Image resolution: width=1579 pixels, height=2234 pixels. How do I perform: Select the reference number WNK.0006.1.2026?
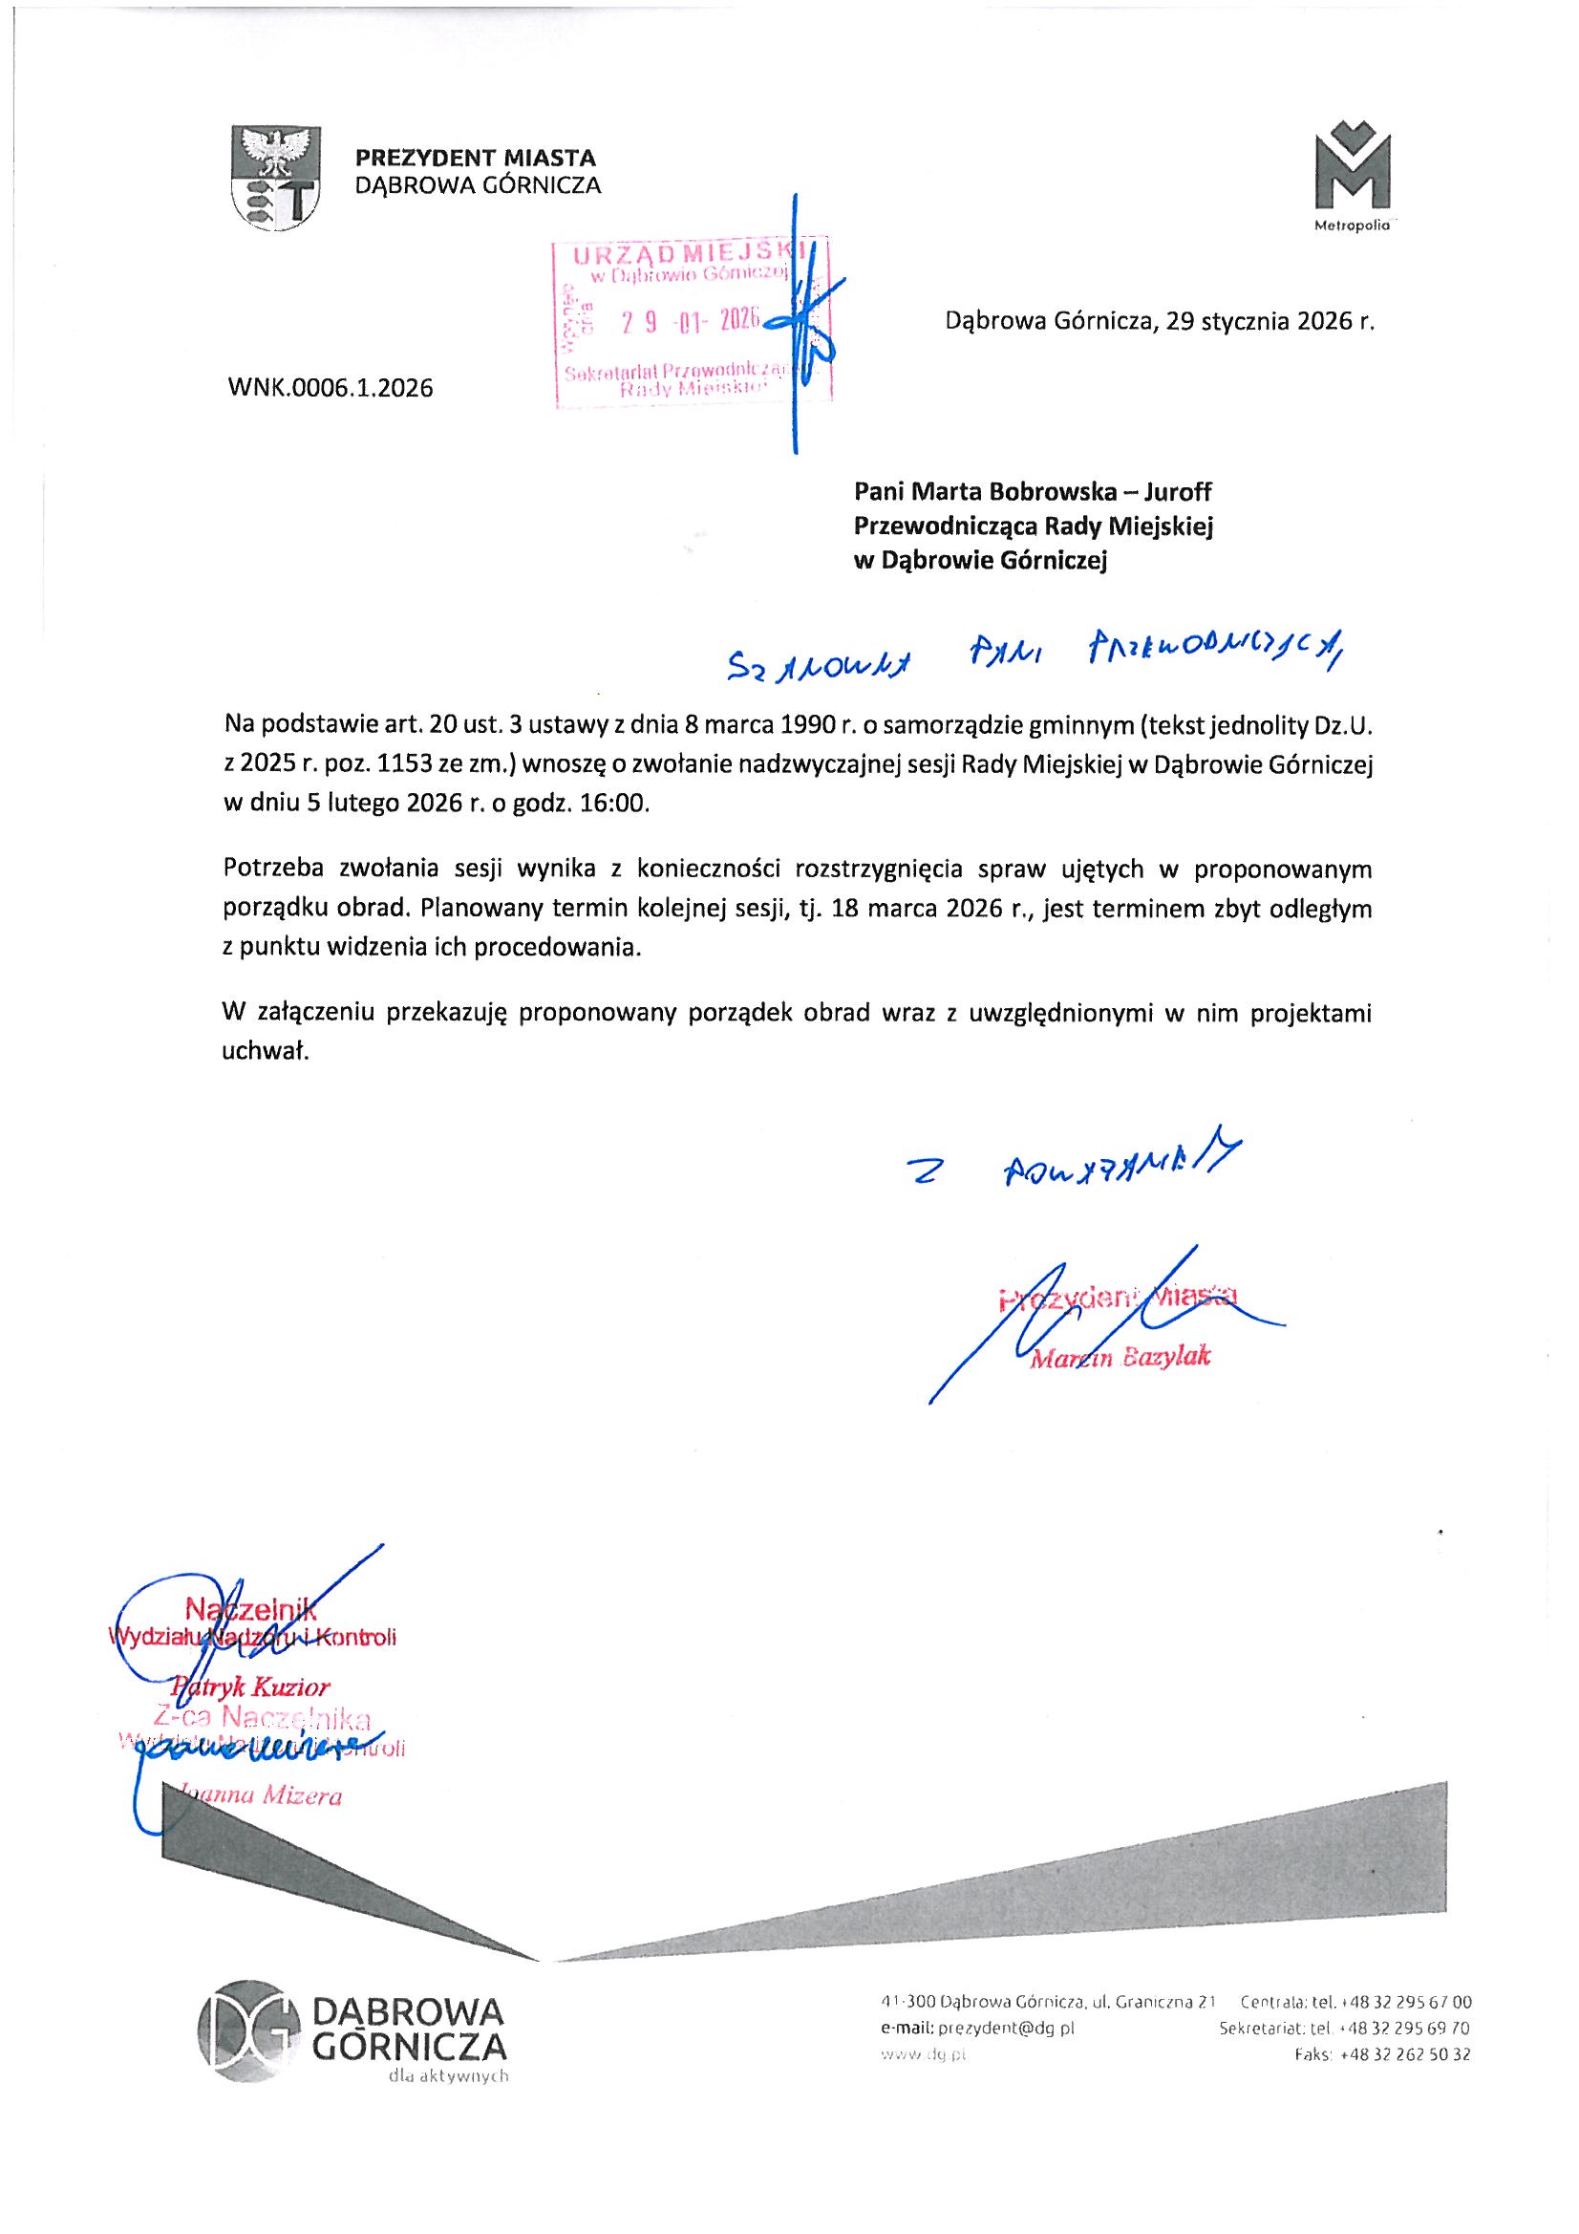pos(330,389)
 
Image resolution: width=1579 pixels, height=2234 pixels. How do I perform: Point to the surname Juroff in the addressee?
pos(1178,493)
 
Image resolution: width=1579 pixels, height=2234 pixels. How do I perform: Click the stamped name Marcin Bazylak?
pos(1120,1358)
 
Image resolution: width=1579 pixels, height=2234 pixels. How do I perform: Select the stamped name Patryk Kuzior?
pos(254,1686)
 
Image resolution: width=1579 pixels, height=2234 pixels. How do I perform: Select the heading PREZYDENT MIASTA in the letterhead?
pos(475,157)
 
